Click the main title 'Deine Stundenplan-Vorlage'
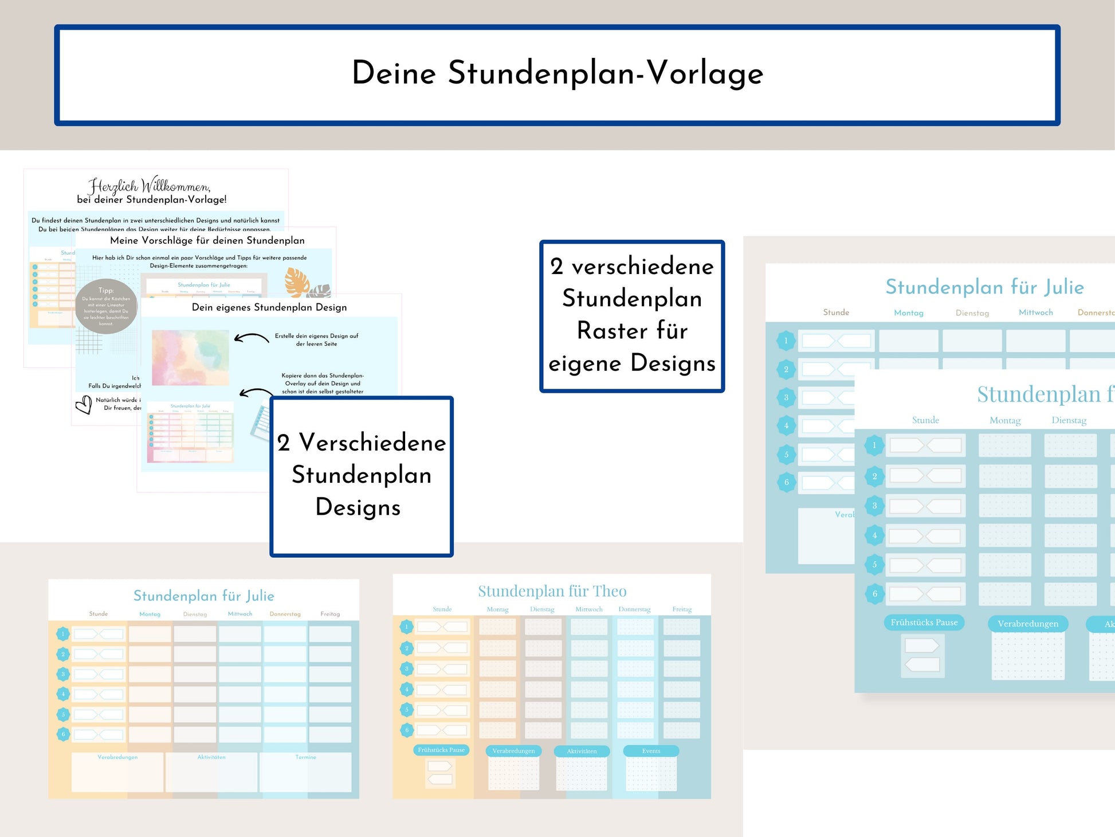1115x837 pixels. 557,73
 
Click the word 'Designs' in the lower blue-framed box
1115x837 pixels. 358,507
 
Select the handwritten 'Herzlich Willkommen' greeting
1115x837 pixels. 149,186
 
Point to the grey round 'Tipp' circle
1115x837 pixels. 106,307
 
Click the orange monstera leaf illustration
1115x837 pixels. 297,281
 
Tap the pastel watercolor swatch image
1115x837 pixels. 190,357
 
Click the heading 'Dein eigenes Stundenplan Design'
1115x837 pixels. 269,307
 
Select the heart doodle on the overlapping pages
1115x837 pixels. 84,405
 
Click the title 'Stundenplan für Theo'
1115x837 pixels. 552,591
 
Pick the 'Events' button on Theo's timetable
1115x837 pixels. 651,751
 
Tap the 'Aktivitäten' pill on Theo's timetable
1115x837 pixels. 582,751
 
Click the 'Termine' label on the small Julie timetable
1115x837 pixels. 305,757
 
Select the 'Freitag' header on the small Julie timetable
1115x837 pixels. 330,614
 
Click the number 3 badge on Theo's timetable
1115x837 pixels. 407,668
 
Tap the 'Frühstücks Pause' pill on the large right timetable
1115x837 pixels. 924,623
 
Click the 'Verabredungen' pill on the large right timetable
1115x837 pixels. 1028,624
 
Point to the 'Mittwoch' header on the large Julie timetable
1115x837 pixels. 1035,312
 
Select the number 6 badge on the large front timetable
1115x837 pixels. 874,594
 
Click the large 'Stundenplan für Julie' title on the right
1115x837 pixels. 984,287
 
